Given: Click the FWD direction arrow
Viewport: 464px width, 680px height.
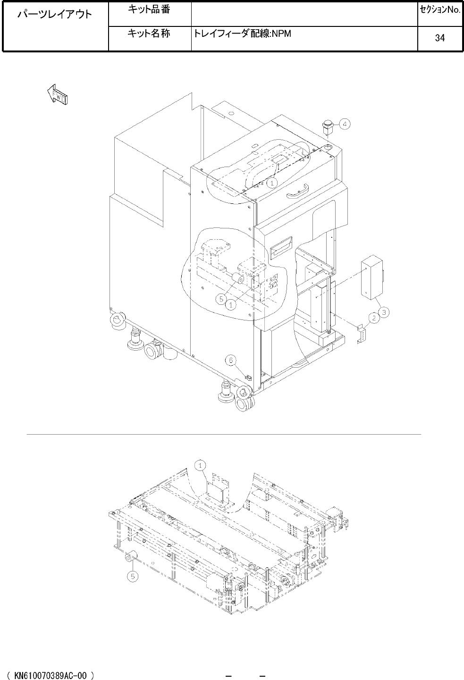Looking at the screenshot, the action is click(57, 95).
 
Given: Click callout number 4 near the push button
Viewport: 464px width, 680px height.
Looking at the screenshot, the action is click(345, 124).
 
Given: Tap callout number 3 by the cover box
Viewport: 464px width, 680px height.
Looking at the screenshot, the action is click(384, 312).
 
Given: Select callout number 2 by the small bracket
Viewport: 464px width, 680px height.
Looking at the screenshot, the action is click(374, 318).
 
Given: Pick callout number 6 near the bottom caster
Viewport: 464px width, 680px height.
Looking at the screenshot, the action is click(231, 361).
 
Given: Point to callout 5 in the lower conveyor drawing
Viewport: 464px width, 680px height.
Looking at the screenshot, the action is click(133, 576).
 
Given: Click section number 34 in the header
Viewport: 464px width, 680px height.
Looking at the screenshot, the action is click(440, 38).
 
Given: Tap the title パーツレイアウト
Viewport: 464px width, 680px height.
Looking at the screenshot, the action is click(55, 14).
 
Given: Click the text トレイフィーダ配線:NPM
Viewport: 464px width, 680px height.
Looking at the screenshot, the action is click(242, 34).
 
